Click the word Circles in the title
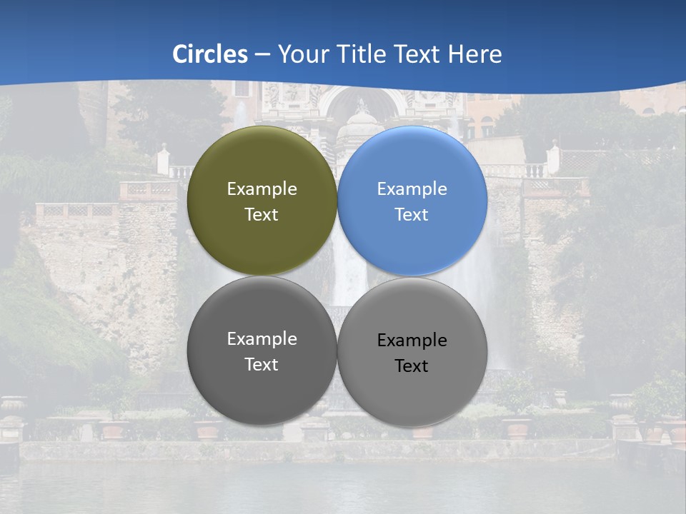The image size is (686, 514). click(210, 54)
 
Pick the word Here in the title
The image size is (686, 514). click(475, 54)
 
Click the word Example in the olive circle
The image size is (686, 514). click(262, 189)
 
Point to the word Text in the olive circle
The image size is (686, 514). click(262, 215)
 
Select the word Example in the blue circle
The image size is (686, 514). click(412, 189)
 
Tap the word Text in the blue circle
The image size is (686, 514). click(412, 215)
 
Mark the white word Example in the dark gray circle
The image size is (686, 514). click(262, 339)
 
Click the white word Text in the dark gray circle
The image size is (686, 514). click(262, 365)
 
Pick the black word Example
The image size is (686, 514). click(412, 341)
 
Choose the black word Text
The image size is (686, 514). click(412, 366)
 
